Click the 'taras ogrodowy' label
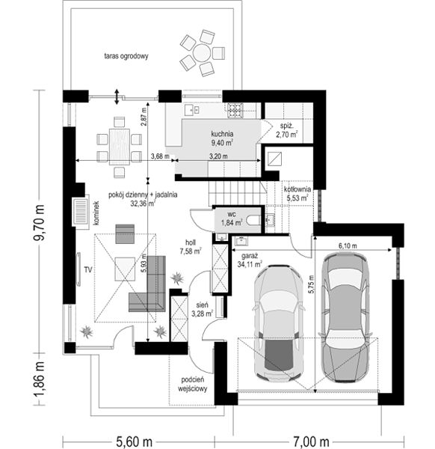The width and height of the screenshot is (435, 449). click(126, 56)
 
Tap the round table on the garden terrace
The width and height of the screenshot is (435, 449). click(202, 53)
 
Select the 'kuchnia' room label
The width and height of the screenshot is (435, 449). click(222, 134)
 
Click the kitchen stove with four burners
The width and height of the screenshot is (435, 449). click(235, 111)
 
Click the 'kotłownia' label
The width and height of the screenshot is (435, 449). click(297, 189)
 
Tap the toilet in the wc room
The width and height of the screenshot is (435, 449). click(253, 221)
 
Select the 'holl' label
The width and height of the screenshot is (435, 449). click(191, 242)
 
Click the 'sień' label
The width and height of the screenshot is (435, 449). click(202, 305)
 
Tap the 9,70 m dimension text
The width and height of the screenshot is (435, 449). click(39, 222)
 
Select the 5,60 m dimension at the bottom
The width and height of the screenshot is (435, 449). click(134, 442)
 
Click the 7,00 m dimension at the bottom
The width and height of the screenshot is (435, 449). click(311, 442)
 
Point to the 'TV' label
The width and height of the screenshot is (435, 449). click(88, 269)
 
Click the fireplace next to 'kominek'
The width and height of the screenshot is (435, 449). click(81, 212)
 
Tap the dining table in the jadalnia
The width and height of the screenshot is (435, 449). click(120, 147)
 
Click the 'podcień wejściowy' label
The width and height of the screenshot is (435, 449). click(193, 385)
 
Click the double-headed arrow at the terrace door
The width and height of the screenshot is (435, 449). click(117, 97)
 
